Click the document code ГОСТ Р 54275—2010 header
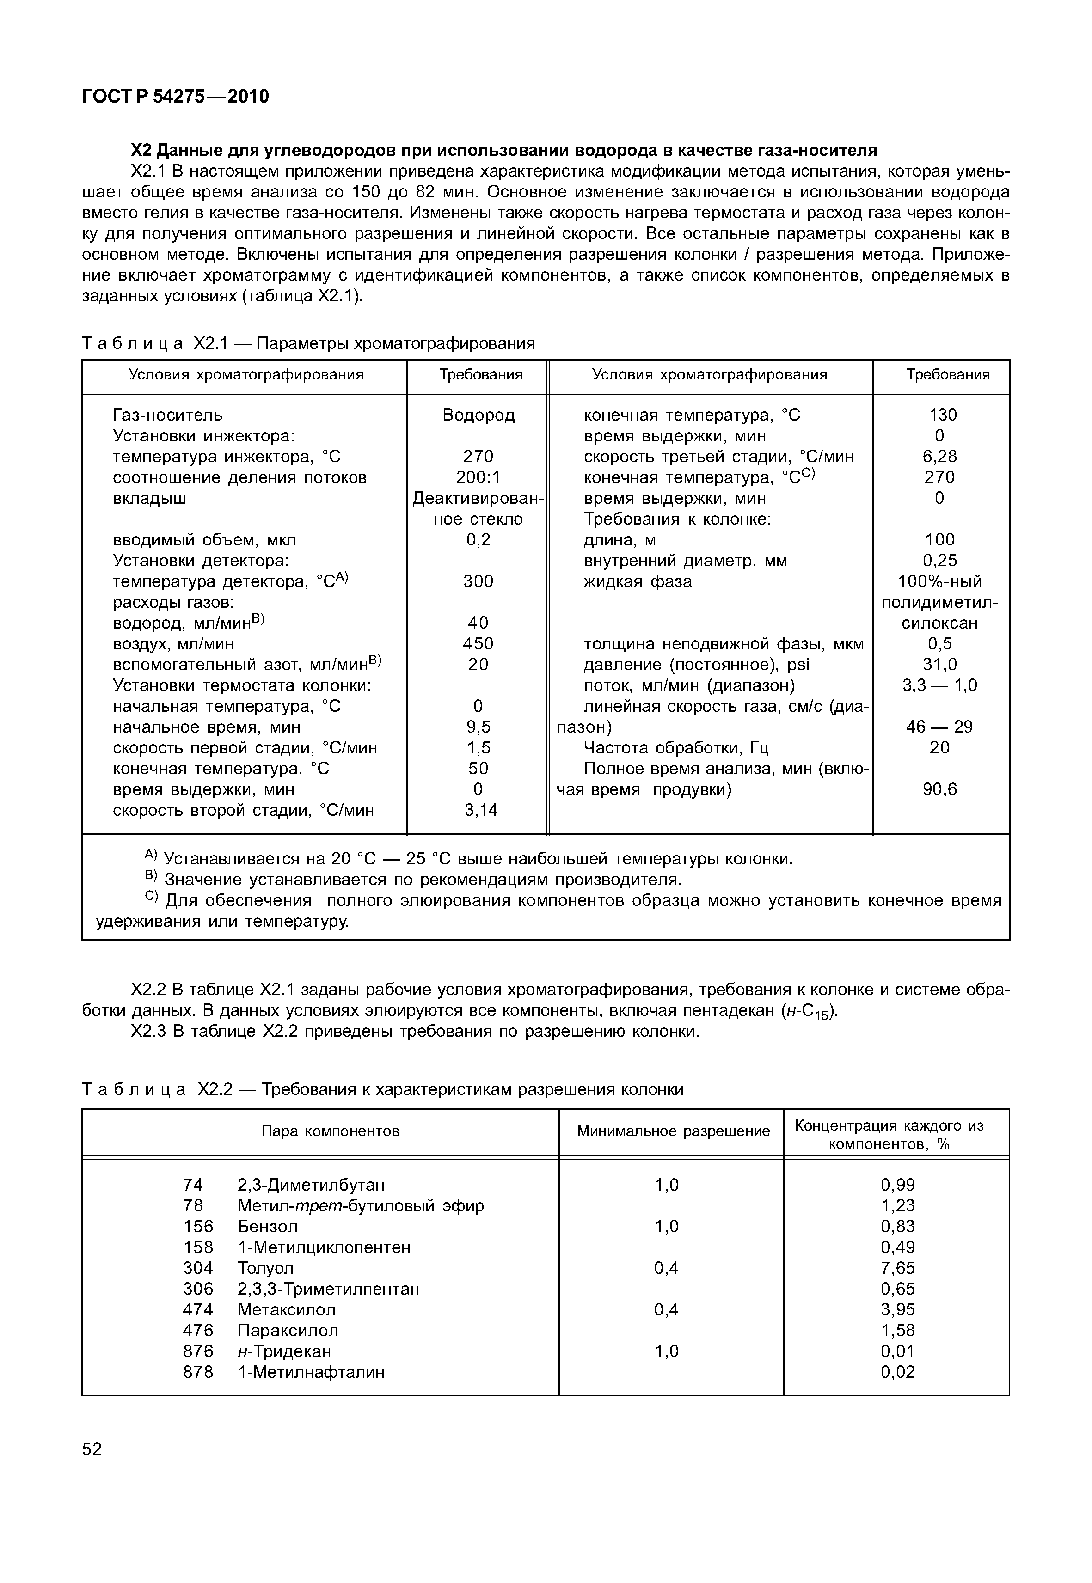tap(175, 97)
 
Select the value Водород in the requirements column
tap(478, 415)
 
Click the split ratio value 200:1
tap(478, 477)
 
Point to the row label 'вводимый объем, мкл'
tap(204, 540)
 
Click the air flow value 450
tap(478, 644)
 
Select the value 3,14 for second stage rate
tap(481, 811)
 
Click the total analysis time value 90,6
tap(939, 790)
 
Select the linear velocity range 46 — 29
tap(939, 727)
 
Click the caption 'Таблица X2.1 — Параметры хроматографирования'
tap(308, 343)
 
